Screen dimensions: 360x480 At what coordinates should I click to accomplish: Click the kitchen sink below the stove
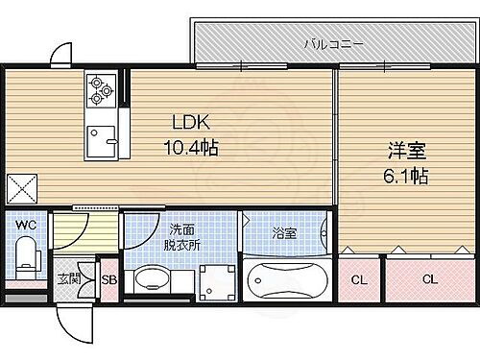(100, 140)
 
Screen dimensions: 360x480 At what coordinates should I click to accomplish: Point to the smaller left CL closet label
(359, 279)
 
